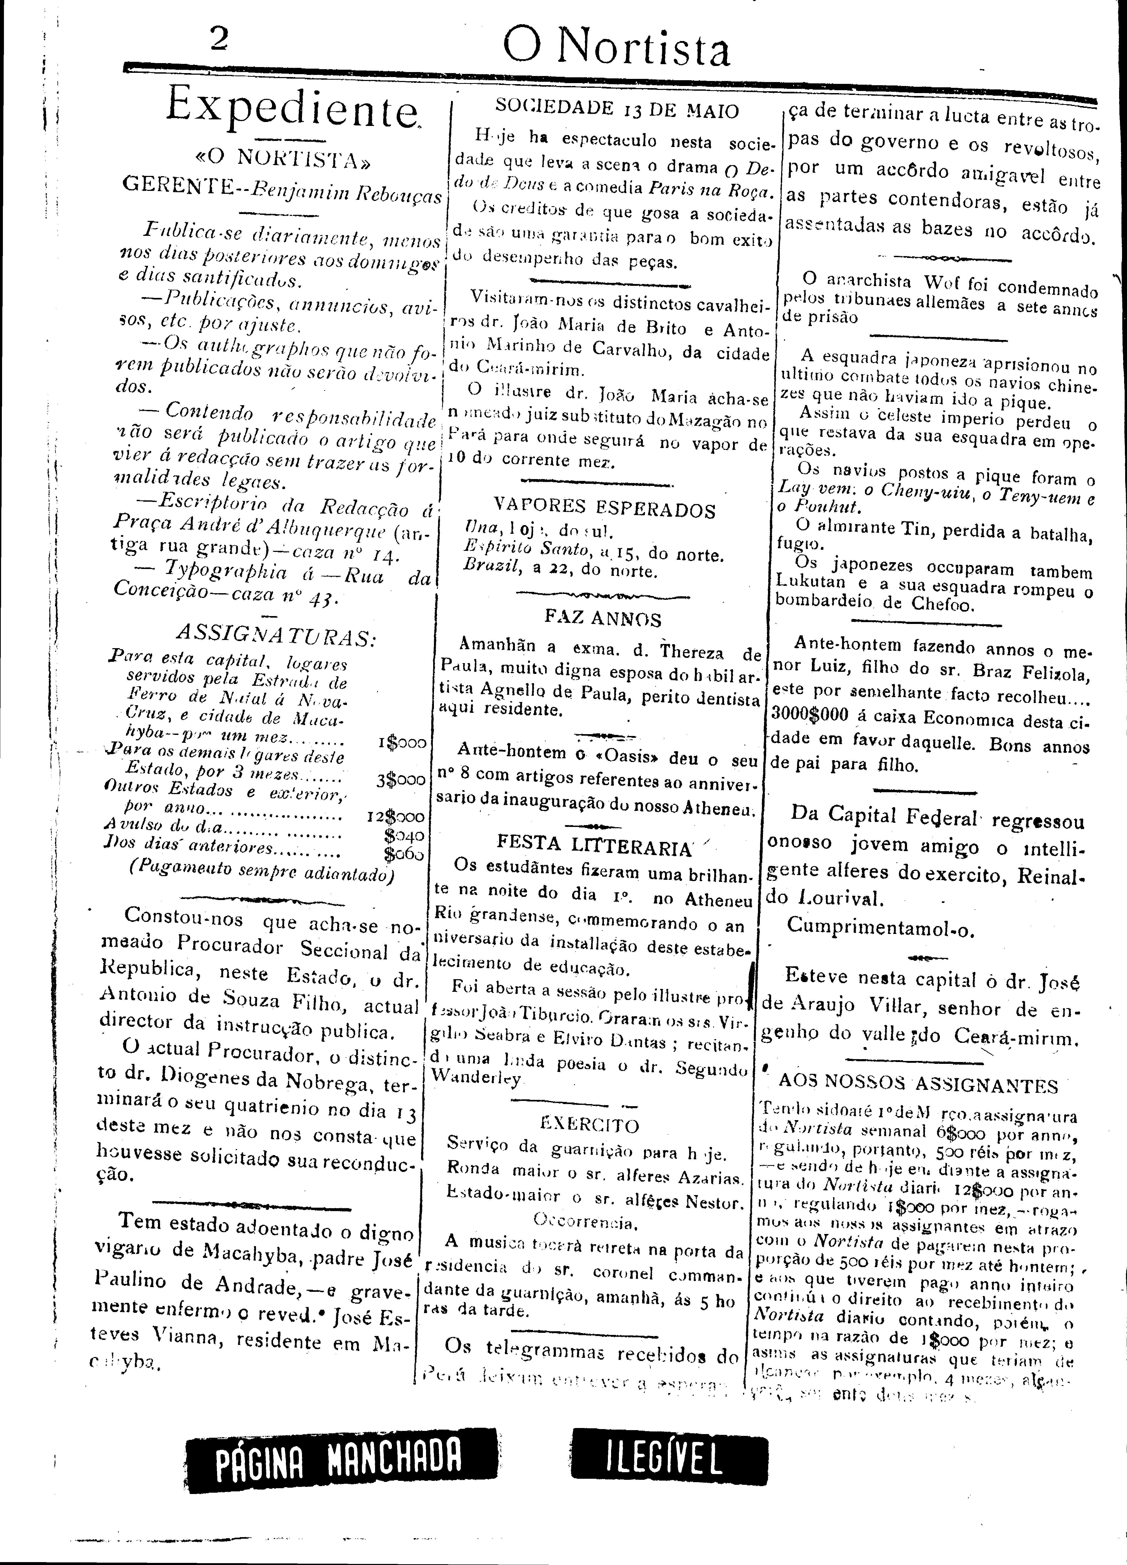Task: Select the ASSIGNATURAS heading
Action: click(x=276, y=633)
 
